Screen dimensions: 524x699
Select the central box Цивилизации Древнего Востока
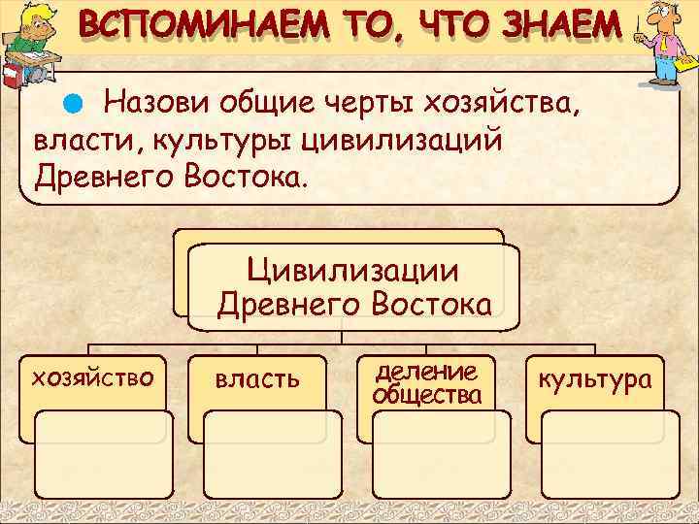[354, 287]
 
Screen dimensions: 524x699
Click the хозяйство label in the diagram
[93, 376]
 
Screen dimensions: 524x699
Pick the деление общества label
[426, 383]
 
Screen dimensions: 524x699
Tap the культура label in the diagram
[597, 378]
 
